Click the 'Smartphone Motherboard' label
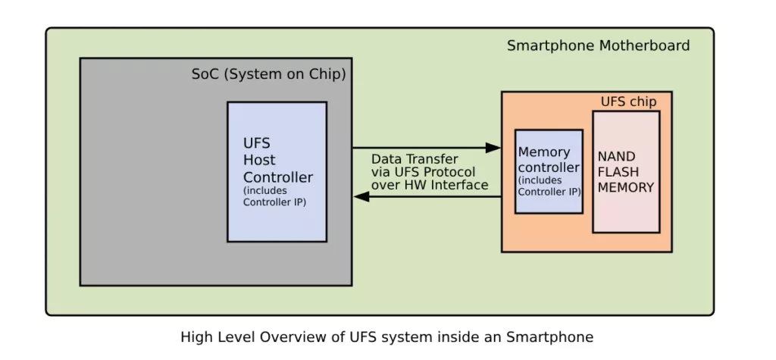pyautogui.click(x=599, y=45)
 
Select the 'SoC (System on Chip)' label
pyautogui.click(x=269, y=74)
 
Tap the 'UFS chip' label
pyautogui.click(x=628, y=102)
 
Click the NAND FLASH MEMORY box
pyautogui.click(x=626, y=172)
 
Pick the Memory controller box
pyautogui.click(x=549, y=171)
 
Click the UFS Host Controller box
pyautogui.click(x=277, y=172)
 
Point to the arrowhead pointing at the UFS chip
pyautogui.click(x=493, y=148)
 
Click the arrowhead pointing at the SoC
pyautogui.click(x=361, y=196)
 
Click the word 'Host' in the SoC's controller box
pyautogui.click(x=259, y=160)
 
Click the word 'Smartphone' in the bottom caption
pyautogui.click(x=549, y=338)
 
